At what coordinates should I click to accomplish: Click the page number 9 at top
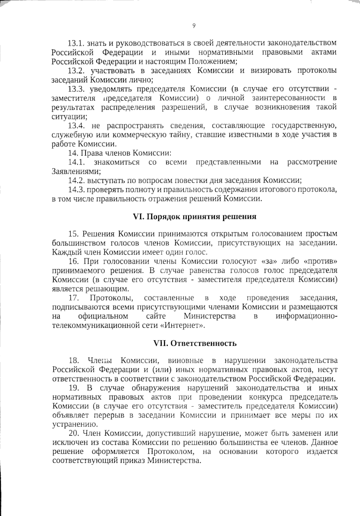[x=193, y=26]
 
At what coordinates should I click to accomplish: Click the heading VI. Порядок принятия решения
[x=194, y=216]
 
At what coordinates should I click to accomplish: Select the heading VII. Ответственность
[x=195, y=343]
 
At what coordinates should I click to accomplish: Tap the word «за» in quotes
[x=268, y=261]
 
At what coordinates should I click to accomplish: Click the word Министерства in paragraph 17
[x=209, y=316]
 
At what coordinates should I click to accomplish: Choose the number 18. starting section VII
[x=74, y=360]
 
